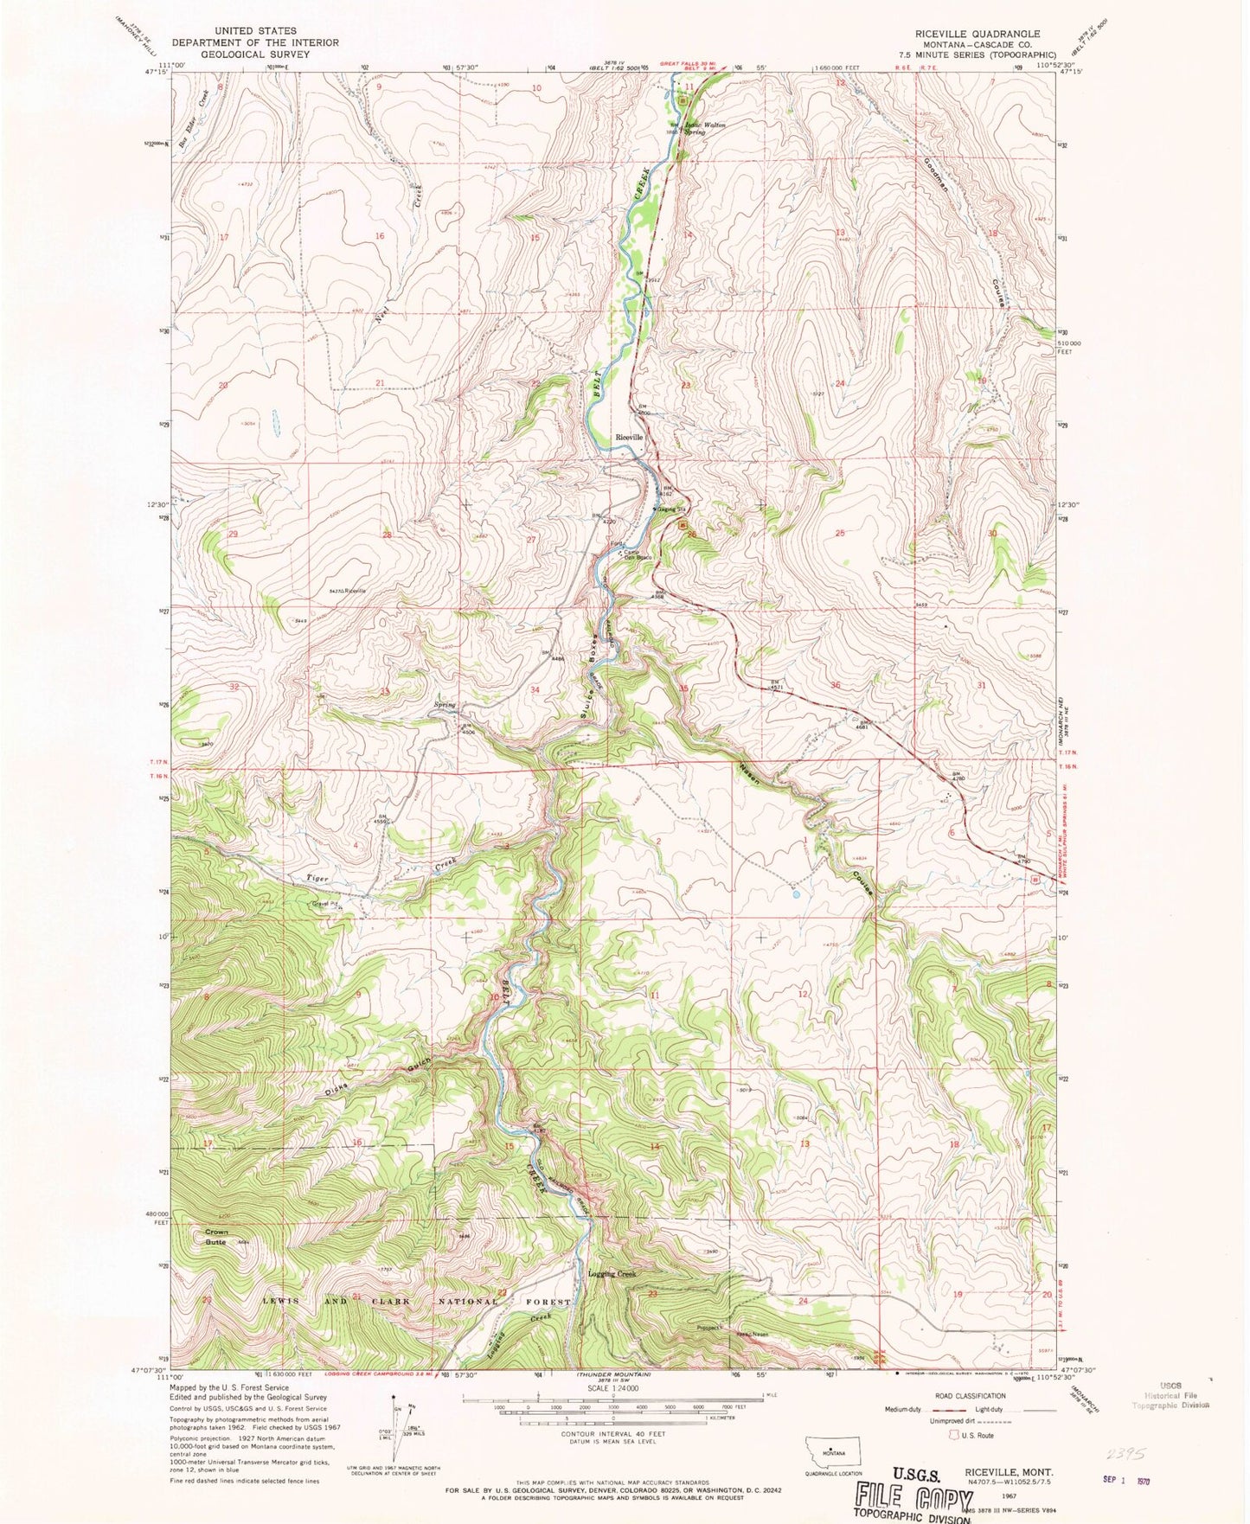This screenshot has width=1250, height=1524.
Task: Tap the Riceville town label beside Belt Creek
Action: [x=629, y=438]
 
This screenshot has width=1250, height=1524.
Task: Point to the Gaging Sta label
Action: [x=670, y=509]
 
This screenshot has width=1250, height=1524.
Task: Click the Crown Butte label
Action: [x=216, y=1237]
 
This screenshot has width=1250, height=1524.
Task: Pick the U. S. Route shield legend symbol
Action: [x=954, y=1435]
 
